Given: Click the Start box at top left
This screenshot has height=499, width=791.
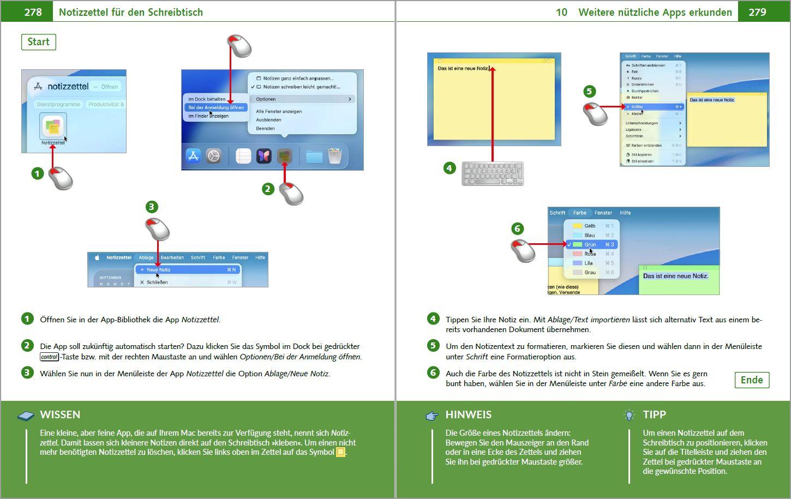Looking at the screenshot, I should (38, 42).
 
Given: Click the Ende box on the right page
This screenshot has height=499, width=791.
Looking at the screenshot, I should (751, 380).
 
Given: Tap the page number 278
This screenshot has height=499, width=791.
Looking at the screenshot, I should (33, 12).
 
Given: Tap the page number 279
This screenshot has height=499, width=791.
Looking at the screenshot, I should (757, 12).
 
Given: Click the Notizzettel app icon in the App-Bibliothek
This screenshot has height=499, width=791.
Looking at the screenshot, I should (53, 127).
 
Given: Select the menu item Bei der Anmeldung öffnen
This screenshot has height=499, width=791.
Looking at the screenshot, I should (216, 107).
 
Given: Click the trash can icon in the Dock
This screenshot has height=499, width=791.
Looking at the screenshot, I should (335, 156).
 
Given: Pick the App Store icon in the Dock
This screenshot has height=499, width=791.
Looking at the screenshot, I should (193, 156).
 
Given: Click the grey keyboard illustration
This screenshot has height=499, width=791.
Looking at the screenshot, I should (493, 173).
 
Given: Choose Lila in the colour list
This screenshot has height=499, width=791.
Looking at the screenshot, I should (589, 263).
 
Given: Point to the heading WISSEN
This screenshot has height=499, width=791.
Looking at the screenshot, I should (60, 414).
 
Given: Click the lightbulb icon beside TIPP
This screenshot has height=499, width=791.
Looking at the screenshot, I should (630, 415).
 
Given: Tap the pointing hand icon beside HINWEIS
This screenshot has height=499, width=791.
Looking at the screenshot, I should (432, 416).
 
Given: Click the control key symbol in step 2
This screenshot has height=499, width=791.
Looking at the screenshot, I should (49, 357).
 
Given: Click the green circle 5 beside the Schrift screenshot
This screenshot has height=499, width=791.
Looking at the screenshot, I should (589, 91).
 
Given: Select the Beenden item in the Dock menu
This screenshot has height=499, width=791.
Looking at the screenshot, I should (266, 128).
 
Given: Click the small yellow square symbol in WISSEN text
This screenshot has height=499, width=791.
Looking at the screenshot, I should (340, 452).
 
